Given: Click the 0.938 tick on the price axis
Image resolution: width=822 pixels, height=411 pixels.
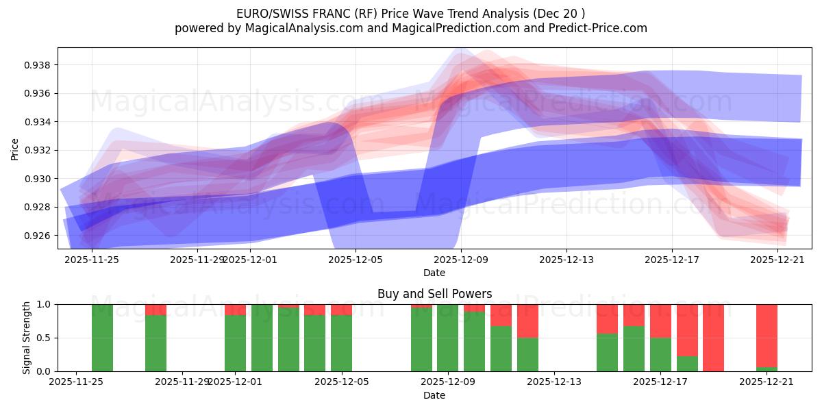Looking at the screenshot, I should pyautogui.click(x=39, y=65).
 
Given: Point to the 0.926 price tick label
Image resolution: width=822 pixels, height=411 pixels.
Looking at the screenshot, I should pyautogui.click(x=39, y=236).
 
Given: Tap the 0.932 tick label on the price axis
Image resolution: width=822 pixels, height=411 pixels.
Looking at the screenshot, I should pyautogui.click(x=39, y=150).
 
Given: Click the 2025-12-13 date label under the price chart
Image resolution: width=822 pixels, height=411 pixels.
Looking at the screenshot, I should pyautogui.click(x=566, y=260).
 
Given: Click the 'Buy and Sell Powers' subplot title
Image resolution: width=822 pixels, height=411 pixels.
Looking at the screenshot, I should pyautogui.click(x=434, y=294).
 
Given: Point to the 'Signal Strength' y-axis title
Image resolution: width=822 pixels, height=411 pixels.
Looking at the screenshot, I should pyautogui.click(x=26, y=338).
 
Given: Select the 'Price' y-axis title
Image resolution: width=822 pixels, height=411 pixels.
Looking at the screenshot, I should pyautogui.click(x=15, y=149).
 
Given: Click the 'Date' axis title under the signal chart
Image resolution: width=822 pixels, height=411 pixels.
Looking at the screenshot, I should pyautogui.click(x=434, y=395).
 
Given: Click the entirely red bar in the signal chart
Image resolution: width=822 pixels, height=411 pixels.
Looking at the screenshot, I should pyautogui.click(x=713, y=338).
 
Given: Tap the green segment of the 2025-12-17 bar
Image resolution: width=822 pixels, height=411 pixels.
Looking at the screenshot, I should pyautogui.click(x=660, y=355).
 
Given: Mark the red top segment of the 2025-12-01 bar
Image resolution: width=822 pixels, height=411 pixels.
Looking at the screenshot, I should pyautogui.click(x=235, y=310).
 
